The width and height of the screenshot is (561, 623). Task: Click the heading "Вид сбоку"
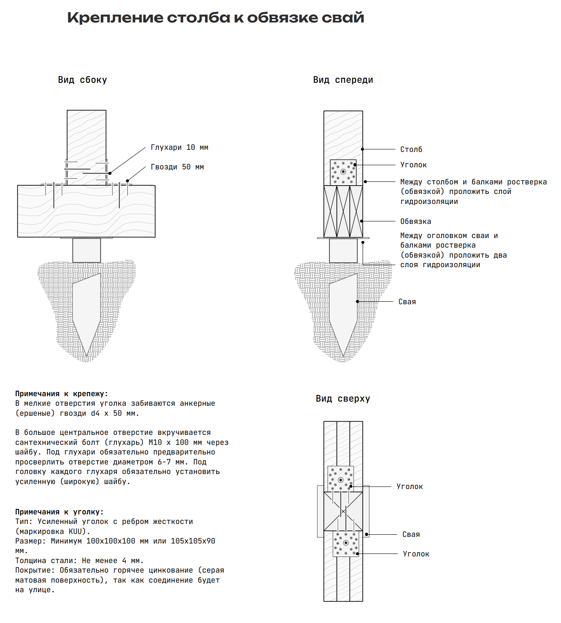click(82, 80)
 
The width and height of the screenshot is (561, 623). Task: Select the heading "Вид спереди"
click(343, 80)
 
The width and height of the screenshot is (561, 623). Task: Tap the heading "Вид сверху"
click(343, 399)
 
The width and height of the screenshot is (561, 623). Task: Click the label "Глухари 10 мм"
click(179, 147)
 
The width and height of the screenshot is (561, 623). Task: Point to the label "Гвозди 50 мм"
click(177, 167)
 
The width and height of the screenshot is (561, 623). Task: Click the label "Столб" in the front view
click(411, 149)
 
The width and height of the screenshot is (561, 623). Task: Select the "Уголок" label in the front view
click(413, 165)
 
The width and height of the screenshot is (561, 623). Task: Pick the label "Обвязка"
click(415, 221)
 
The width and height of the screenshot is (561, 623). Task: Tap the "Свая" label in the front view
click(407, 302)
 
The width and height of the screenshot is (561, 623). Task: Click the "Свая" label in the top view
click(411, 534)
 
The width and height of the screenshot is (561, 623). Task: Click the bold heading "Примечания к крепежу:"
click(62, 394)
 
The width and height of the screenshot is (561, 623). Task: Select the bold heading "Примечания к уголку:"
click(59, 512)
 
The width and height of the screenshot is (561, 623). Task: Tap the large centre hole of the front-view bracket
click(343, 172)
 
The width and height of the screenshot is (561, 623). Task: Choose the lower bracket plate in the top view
click(346, 544)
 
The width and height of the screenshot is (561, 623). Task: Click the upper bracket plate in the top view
click(341, 479)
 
